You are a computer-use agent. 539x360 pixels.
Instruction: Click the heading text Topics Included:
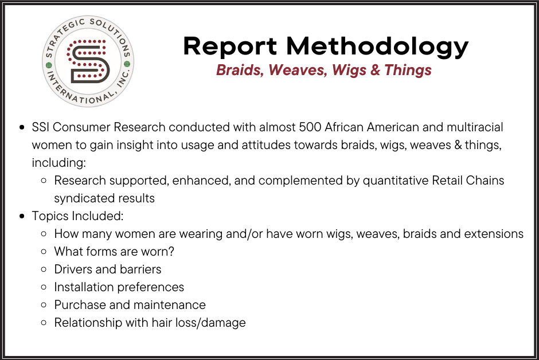pyautogui.click(x=78, y=216)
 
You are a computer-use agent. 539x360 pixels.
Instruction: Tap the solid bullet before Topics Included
pyautogui.click(x=22, y=217)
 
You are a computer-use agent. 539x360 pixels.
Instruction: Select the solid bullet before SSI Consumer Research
pyautogui.click(x=22, y=127)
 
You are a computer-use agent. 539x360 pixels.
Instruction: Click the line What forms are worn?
pyautogui.click(x=114, y=252)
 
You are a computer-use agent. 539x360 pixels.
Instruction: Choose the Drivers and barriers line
pyautogui.click(x=108, y=269)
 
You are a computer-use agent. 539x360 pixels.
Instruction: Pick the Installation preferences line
pyautogui.click(x=119, y=287)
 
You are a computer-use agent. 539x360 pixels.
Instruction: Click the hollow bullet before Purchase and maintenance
pyautogui.click(x=44, y=305)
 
